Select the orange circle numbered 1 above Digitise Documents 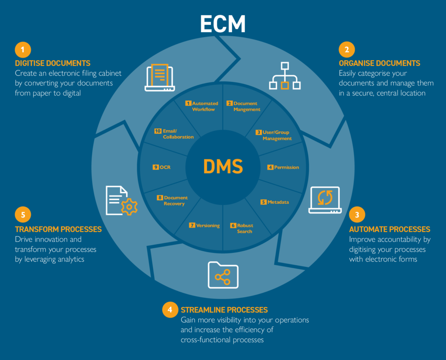point(23,49)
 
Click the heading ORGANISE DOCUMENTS point(379,63)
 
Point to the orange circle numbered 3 point(357,215)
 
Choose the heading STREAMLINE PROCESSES point(224,310)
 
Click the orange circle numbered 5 point(23,215)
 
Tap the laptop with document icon point(159,77)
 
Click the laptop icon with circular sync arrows point(324,200)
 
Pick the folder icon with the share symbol point(223,275)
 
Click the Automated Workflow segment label point(202,106)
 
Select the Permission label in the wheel point(284,167)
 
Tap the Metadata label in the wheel point(275,202)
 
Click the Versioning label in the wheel point(205,225)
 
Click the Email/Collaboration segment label point(175,134)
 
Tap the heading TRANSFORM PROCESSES point(58,229)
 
